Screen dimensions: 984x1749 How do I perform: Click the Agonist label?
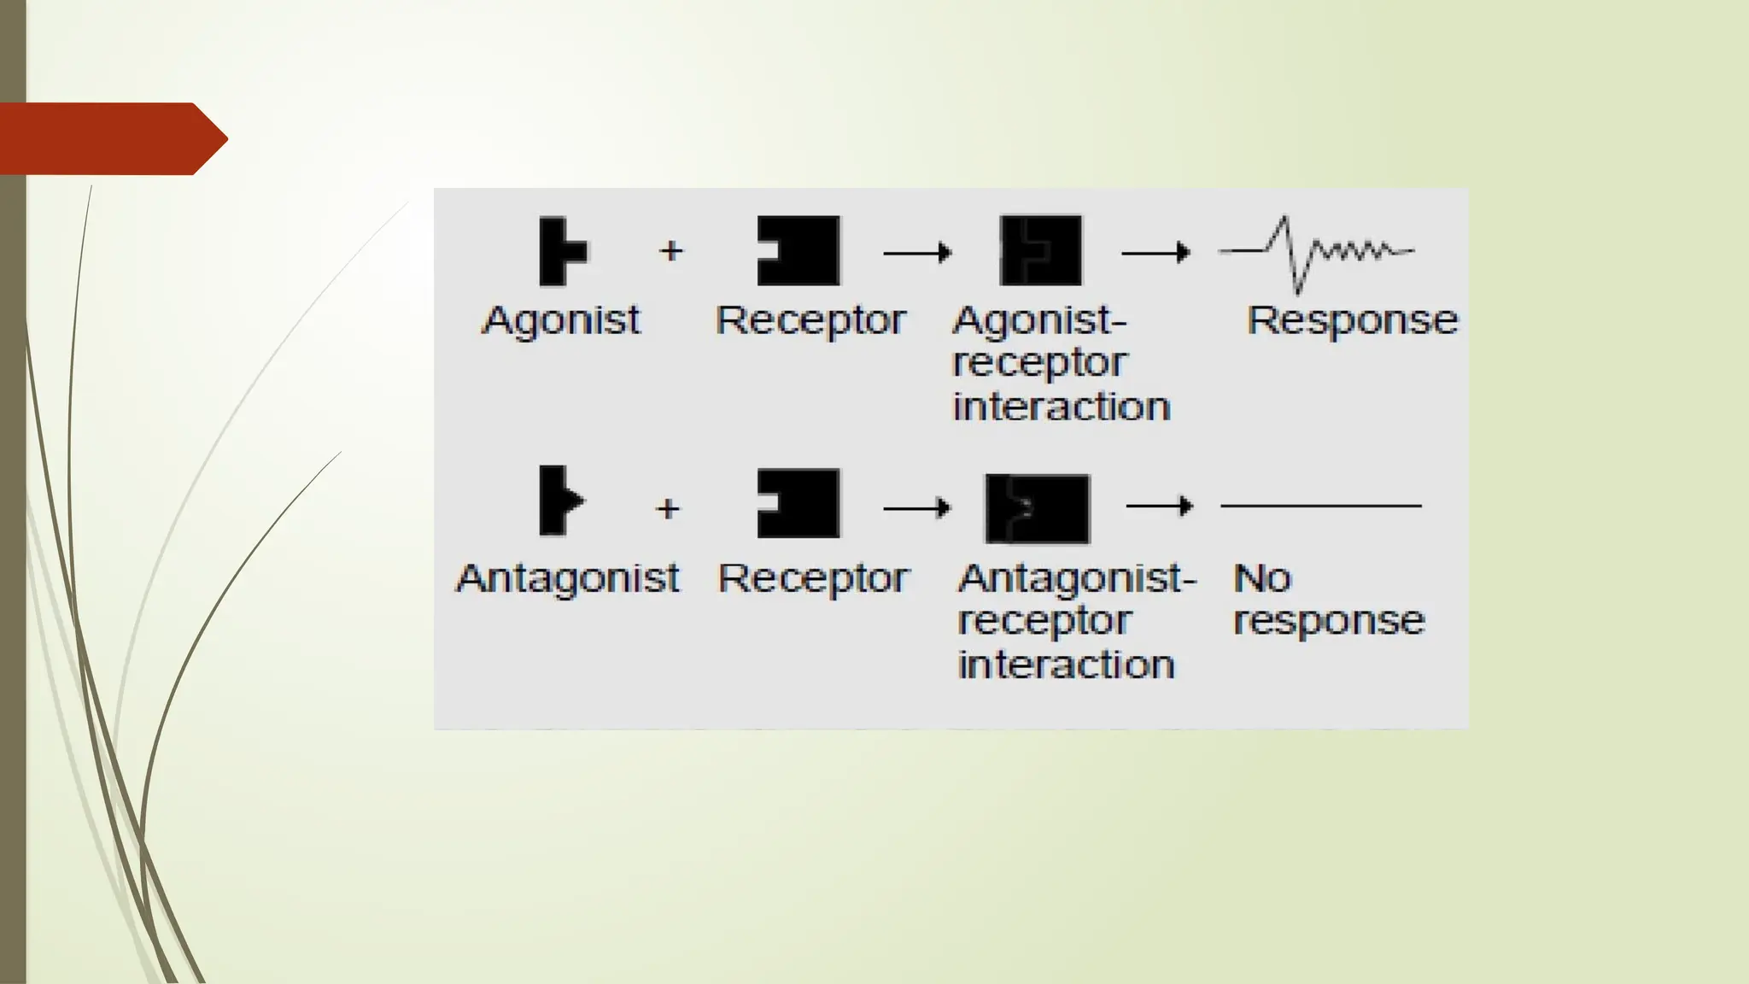(x=561, y=322)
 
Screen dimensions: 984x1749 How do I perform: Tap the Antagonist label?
(x=568, y=579)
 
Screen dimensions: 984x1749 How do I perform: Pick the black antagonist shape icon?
(x=560, y=501)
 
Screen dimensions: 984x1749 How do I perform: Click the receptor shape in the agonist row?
(x=799, y=250)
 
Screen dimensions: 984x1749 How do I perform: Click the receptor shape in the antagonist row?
(x=799, y=503)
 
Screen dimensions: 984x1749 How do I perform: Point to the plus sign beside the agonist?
(x=671, y=251)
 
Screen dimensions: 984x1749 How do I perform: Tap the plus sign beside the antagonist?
(x=668, y=509)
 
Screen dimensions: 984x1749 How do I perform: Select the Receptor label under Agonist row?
(x=810, y=322)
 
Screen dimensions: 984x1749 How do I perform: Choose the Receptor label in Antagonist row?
(x=813, y=579)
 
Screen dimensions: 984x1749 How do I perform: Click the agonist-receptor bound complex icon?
(x=1040, y=250)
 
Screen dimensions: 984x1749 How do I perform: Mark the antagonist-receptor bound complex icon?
(x=1038, y=509)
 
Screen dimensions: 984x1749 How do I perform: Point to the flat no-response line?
(x=1320, y=507)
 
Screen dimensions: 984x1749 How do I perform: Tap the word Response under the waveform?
(x=1352, y=321)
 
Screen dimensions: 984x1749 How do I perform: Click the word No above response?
(x=1261, y=579)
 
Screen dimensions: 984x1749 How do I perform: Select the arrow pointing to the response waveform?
(x=1155, y=253)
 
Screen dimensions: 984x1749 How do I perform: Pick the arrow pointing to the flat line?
(x=1160, y=507)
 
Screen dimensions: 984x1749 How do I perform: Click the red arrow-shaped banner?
(x=111, y=138)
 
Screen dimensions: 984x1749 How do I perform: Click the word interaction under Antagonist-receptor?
(x=1066, y=665)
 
